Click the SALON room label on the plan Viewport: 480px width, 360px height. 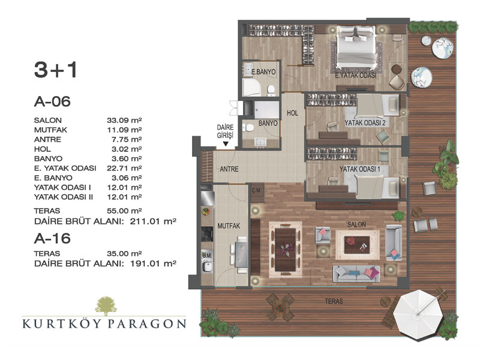(356, 224)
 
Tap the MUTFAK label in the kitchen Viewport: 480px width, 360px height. (229, 226)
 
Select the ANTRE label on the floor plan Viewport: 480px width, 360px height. (229, 169)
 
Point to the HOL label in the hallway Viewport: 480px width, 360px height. (292, 113)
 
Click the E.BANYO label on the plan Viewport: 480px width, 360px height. (263, 72)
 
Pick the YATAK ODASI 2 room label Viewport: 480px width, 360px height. (365, 123)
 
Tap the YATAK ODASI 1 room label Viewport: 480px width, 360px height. (359, 169)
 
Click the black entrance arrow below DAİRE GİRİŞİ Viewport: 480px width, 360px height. (226, 143)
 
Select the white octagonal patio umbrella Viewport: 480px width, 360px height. (418, 314)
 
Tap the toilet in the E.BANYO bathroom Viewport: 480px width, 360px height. (271, 90)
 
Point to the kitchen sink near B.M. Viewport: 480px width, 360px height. (208, 266)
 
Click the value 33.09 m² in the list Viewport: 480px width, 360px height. (124, 121)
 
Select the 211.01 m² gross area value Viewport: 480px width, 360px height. (153, 221)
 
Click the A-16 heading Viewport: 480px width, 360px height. (52, 238)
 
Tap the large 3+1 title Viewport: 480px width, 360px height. (55, 70)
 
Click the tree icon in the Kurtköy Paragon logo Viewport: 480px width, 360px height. (106, 306)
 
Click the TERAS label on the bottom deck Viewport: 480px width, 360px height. (334, 301)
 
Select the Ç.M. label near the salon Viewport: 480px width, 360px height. (257, 190)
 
